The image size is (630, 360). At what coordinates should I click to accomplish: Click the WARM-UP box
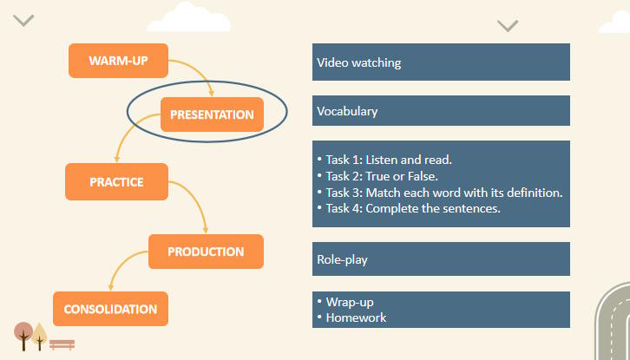click(118, 60)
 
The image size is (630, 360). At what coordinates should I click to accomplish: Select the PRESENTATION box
click(212, 115)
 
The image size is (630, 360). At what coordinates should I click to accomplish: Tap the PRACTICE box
click(116, 182)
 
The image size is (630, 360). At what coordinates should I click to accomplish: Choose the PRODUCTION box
click(206, 252)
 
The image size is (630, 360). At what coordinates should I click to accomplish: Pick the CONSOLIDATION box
click(110, 309)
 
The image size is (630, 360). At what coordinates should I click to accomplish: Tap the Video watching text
click(358, 62)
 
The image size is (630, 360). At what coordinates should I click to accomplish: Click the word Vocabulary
click(347, 111)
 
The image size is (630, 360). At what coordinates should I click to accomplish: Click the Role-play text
click(342, 259)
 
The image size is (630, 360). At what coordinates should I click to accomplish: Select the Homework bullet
click(356, 317)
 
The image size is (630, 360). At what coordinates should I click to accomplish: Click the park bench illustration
click(62, 344)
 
